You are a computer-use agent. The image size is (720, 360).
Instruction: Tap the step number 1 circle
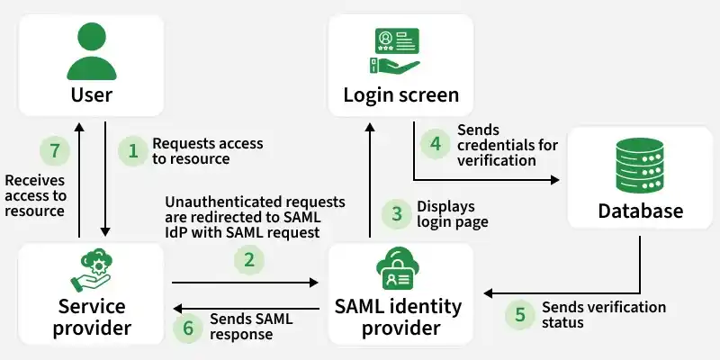(133, 151)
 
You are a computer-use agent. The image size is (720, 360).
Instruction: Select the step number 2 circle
(249, 261)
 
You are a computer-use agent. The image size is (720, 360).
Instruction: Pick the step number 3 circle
(396, 214)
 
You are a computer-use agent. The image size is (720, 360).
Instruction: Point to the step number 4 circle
(436, 143)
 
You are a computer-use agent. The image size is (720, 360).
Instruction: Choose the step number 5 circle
(519, 315)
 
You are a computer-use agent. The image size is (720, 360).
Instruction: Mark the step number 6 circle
(188, 328)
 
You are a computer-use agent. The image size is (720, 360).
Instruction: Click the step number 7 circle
(55, 151)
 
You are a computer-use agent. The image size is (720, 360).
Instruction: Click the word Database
(641, 211)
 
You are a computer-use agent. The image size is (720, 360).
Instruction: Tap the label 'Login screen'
(401, 95)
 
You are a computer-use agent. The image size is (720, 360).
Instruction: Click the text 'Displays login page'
(452, 214)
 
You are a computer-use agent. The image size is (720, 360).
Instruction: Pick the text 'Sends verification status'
(603, 315)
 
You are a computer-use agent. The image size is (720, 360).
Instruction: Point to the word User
(91, 95)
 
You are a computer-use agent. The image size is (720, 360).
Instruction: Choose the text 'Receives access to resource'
(36, 195)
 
